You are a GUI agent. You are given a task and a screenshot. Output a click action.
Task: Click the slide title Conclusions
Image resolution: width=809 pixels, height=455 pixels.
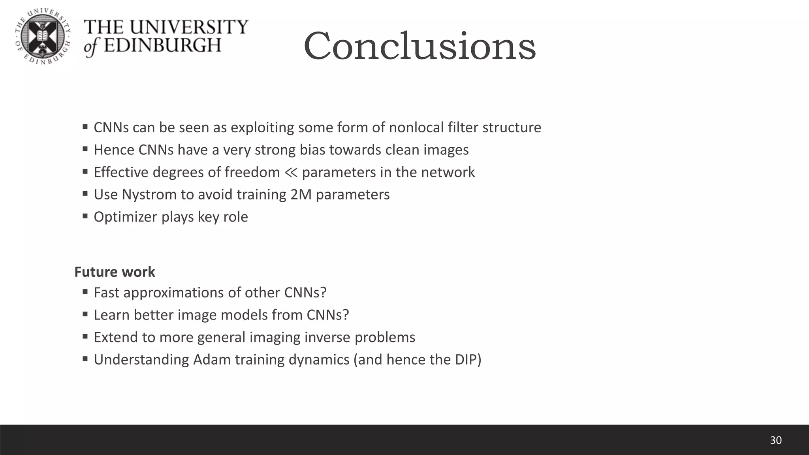(x=420, y=46)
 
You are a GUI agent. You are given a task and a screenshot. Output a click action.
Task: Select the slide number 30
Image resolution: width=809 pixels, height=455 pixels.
(x=775, y=440)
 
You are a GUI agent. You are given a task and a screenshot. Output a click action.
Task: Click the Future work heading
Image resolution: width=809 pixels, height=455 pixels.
(x=115, y=272)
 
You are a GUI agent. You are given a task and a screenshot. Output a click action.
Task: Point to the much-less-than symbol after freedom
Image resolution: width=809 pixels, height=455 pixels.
(x=291, y=172)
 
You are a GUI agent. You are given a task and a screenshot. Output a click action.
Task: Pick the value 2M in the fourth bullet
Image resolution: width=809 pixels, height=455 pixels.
(x=301, y=194)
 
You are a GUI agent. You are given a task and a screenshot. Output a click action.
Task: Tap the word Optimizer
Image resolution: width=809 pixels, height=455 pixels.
(x=125, y=217)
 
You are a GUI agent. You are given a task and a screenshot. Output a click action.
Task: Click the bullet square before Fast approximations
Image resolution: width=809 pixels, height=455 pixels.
(x=85, y=292)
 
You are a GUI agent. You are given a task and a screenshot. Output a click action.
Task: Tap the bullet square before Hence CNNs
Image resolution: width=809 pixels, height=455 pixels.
(x=85, y=149)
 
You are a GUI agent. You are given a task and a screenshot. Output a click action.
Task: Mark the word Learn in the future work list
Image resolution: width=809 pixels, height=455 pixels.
(x=111, y=315)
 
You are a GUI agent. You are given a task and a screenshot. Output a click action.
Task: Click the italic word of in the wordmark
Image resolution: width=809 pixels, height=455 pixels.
(x=90, y=47)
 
